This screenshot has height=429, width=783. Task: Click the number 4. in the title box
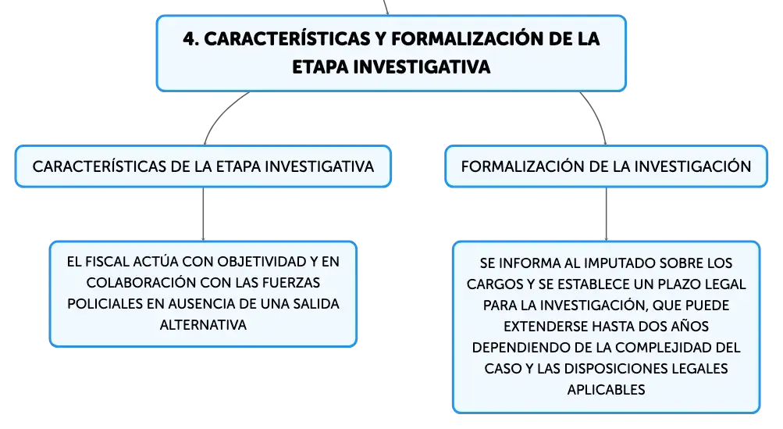pos(191,39)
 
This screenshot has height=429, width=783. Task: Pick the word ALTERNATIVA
pos(203,325)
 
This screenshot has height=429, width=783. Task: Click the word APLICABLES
pos(607,389)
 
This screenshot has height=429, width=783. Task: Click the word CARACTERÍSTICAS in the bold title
pos(287,39)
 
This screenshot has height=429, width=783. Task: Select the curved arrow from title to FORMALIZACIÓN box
pos(596,115)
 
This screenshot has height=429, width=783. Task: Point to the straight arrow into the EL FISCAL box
pos(203,214)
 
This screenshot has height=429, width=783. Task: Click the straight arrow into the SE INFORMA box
pos(607,214)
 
